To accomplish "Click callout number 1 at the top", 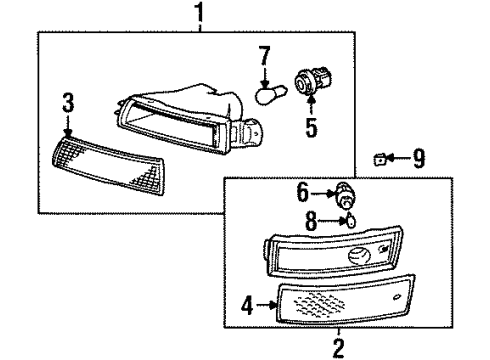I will [199, 13].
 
